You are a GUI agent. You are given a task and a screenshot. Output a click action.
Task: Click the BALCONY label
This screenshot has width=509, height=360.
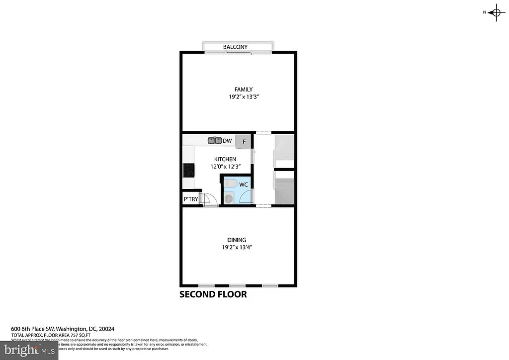tap(235, 47)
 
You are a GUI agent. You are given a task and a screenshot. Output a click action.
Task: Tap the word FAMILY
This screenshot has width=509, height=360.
tap(237, 90)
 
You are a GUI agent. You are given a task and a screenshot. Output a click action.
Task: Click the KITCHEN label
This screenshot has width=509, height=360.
tap(225, 159)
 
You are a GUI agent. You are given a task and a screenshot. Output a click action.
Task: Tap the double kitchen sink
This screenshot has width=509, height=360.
tap(215, 141)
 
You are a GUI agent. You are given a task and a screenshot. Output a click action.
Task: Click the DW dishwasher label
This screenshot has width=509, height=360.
tap(227, 141)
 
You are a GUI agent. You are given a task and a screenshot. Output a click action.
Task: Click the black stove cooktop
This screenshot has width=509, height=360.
tap(188, 170)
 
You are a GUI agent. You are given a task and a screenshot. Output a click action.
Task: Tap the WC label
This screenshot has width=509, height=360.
tap(244, 185)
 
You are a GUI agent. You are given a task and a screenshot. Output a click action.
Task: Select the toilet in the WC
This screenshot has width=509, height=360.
tap(229, 184)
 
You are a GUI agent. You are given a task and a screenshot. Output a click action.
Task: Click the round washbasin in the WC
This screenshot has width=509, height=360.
tap(229, 198)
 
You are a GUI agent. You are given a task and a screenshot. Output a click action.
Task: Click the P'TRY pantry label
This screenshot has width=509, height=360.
tap(191, 199)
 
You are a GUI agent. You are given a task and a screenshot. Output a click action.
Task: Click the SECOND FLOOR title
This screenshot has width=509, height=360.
tap(213, 294)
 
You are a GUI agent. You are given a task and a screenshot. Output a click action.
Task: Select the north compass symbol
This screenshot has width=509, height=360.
tap(496, 12)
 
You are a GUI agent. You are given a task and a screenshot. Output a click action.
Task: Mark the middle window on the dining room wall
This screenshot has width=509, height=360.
tap(237, 285)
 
